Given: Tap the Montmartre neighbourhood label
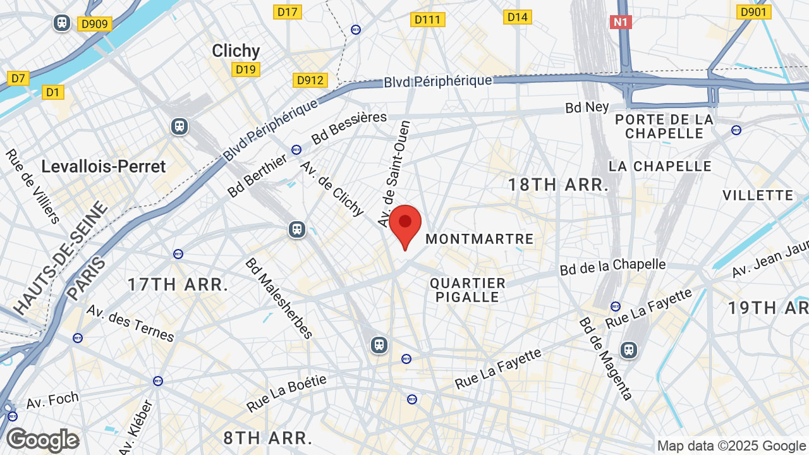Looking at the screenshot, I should [480, 240].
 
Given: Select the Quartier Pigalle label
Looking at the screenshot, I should [468, 290].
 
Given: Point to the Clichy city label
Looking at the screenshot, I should [236, 51].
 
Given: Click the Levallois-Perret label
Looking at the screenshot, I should [103, 166].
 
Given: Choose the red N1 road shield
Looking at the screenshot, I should [621, 22].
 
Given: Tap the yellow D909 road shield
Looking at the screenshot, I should [95, 24].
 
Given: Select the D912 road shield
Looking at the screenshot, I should [310, 80].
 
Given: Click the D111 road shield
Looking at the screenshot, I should [428, 20].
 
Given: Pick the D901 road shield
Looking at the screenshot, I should [753, 12].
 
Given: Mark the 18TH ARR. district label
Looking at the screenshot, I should [558, 185].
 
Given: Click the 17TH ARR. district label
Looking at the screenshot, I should [178, 284].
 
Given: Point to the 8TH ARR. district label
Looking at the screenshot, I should [268, 438].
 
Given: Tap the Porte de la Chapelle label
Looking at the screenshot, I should [664, 126].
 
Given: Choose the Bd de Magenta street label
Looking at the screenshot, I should [605, 358].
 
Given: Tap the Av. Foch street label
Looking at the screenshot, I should [52, 400].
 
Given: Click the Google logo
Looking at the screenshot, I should [42, 440].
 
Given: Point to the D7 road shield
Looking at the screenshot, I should [18, 78].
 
